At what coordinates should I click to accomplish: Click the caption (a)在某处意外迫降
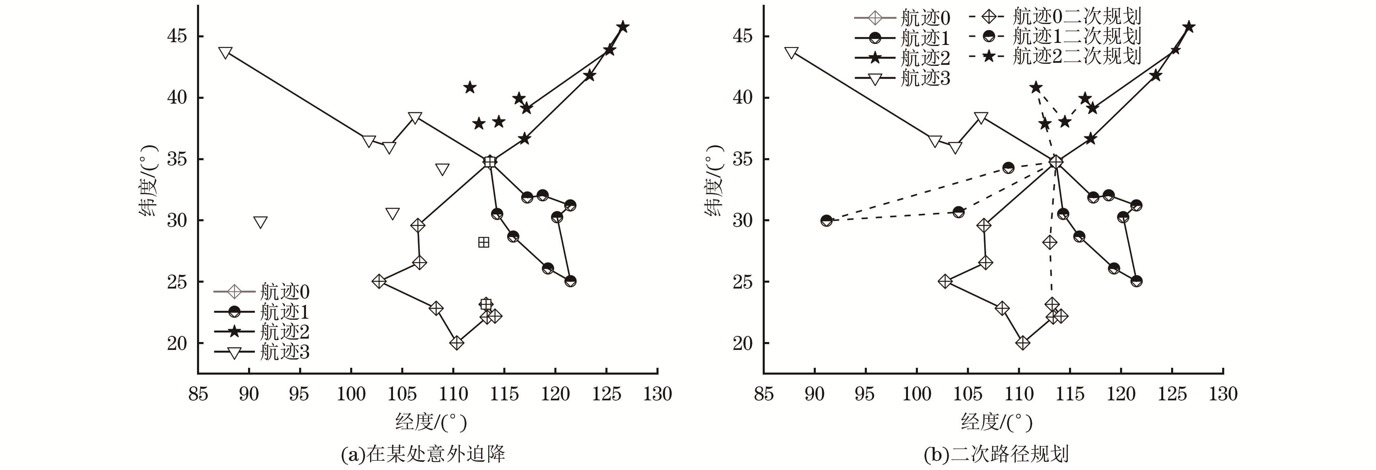(422, 455)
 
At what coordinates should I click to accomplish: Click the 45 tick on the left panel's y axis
(177, 36)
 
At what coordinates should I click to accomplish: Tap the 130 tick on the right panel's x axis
(1223, 394)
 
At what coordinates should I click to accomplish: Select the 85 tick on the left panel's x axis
(198, 394)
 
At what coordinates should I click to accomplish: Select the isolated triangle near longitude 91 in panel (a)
(260, 222)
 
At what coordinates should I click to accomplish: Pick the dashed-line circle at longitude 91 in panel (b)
(826, 220)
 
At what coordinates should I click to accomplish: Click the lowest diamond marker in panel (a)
(456, 343)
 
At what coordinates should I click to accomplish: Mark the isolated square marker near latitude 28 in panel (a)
(483, 242)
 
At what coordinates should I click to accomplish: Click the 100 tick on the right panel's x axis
(916, 394)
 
